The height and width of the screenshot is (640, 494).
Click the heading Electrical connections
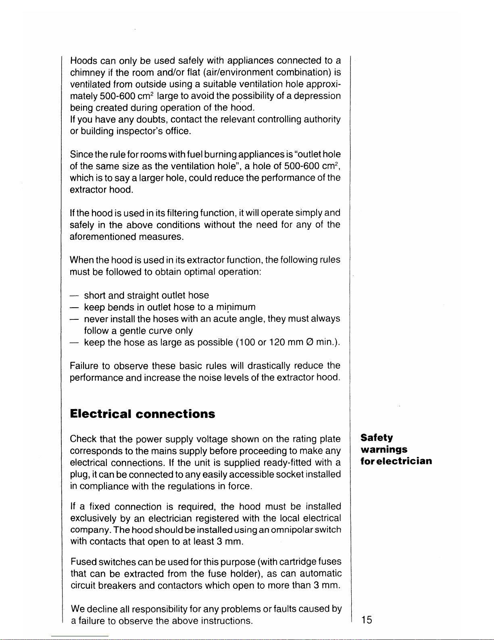(x=142, y=414)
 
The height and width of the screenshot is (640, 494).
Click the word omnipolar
(x=293, y=529)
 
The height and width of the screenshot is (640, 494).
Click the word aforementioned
(x=103, y=237)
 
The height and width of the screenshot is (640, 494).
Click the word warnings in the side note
(x=384, y=450)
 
